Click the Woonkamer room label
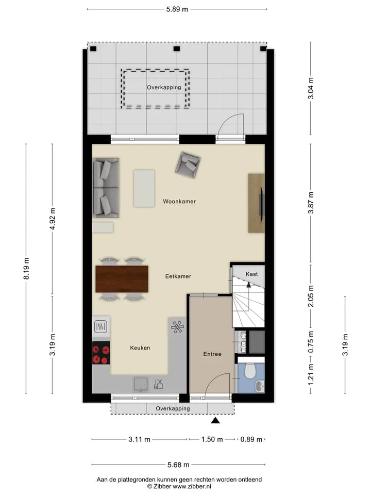coord(179,202)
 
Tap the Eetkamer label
coord(178,276)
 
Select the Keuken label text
coord(140,348)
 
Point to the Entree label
coord(212,354)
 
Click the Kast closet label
coord(252,274)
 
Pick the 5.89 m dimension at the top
coord(177,9)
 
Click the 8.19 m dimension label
coord(26,268)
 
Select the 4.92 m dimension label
coord(53,219)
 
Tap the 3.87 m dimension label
coord(311,203)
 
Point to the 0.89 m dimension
coord(251,439)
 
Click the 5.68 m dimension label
coord(178,465)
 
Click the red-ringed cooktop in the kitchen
coord(101,353)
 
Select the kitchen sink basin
coord(140,384)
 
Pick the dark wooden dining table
coord(122,279)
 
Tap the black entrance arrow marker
coord(215,420)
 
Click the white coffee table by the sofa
coord(144,189)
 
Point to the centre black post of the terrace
coord(177,48)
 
